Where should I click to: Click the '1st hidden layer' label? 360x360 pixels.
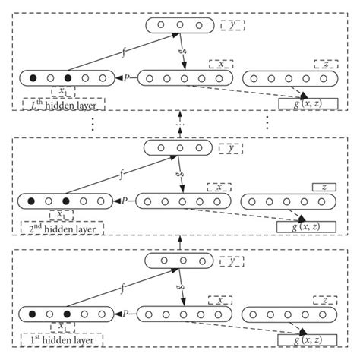(x=62, y=338)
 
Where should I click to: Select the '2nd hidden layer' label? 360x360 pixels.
(x=62, y=227)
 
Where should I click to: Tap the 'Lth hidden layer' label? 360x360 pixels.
(x=62, y=104)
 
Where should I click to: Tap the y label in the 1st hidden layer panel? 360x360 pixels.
(x=231, y=261)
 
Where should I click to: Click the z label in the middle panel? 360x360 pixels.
(x=324, y=187)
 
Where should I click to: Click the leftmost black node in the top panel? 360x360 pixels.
(x=33, y=78)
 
